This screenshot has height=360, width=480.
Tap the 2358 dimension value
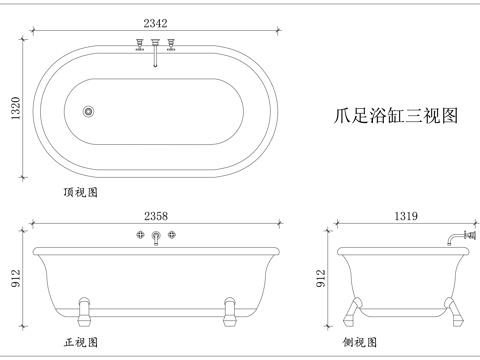[x=156, y=215]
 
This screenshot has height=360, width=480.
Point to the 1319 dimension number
[x=406, y=215]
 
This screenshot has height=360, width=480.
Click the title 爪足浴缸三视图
[x=394, y=116]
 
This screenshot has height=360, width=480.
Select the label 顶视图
[x=80, y=190]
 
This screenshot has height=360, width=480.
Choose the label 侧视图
[x=360, y=343]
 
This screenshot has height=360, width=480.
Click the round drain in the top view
[x=88, y=111]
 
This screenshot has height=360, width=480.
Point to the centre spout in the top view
[x=156, y=49]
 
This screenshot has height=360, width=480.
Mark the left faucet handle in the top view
[x=139, y=43]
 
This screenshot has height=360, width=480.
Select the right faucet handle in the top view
[x=173, y=43]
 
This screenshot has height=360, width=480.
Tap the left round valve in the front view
[x=140, y=235]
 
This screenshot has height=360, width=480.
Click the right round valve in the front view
[x=173, y=235]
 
